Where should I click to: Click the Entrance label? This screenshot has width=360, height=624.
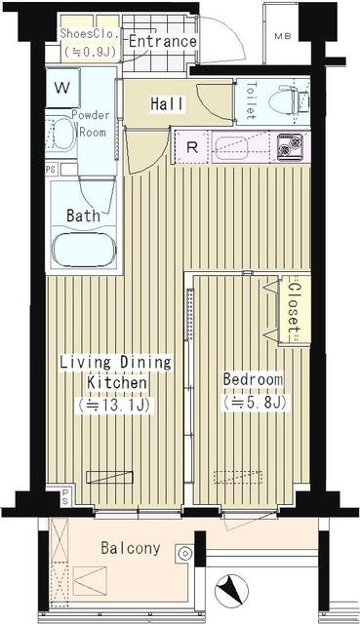[162, 42]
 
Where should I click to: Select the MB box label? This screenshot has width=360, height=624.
[282, 37]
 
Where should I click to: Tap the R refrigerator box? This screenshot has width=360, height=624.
[193, 149]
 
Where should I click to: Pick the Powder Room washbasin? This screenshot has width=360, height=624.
[61, 133]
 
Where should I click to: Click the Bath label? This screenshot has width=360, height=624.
[82, 215]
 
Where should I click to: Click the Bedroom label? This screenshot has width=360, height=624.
[253, 379]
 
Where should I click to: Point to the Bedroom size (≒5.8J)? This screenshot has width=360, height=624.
[253, 400]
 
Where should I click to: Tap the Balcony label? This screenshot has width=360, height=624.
[130, 548]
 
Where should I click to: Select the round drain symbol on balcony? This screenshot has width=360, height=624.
[181, 553]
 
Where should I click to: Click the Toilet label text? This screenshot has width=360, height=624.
[250, 98]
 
